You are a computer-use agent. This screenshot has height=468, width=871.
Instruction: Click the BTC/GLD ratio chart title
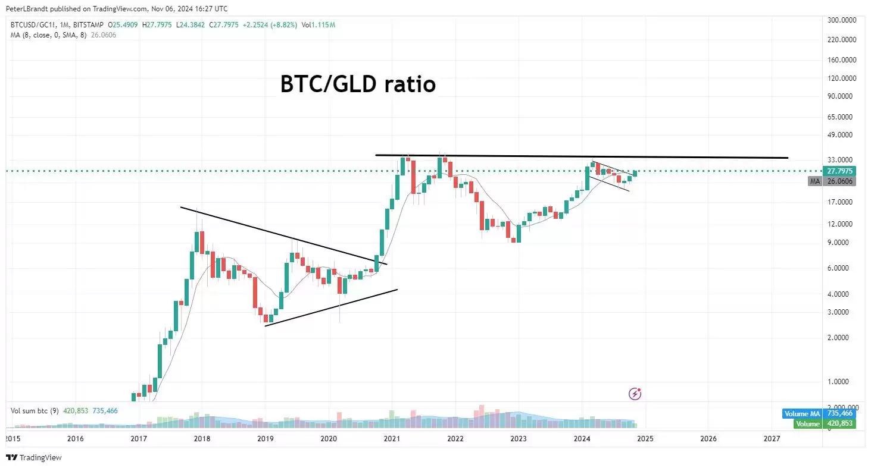358,84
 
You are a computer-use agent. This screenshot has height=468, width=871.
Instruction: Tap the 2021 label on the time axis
392,439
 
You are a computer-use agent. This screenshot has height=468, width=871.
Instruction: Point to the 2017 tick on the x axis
138,439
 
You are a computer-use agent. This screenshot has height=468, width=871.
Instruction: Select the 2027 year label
772,439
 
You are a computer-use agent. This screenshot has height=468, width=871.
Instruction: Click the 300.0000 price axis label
842,20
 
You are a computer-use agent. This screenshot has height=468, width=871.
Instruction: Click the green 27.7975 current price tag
839,171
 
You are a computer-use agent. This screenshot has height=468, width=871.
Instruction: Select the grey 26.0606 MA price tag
839,181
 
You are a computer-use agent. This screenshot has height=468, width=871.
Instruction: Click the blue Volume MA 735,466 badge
818,413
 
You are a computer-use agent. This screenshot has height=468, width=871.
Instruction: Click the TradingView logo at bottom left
34,458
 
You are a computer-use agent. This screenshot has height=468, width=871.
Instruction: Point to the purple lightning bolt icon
635,393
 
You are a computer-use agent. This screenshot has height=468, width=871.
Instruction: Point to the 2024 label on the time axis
582,439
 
